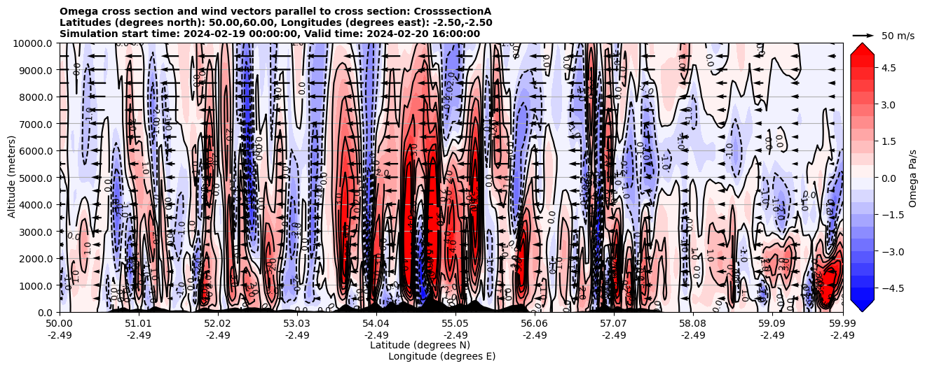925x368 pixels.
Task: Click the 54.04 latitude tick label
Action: click(x=376, y=324)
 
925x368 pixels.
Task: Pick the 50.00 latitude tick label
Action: click(x=60, y=324)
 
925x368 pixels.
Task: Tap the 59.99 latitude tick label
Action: click(x=842, y=324)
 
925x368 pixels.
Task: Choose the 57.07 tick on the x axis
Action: click(x=614, y=324)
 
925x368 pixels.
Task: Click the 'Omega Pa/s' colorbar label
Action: click(x=913, y=178)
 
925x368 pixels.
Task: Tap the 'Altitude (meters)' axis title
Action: click(x=12, y=178)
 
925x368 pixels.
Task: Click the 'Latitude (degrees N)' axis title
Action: click(x=420, y=345)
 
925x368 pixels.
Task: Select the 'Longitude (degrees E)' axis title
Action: click(x=441, y=356)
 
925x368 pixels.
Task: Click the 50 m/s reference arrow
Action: click(x=863, y=35)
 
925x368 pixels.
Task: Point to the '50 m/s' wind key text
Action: click(x=898, y=36)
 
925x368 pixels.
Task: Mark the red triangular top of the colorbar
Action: click(x=862, y=48)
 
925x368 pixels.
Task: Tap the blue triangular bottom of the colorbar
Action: click(x=862, y=306)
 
